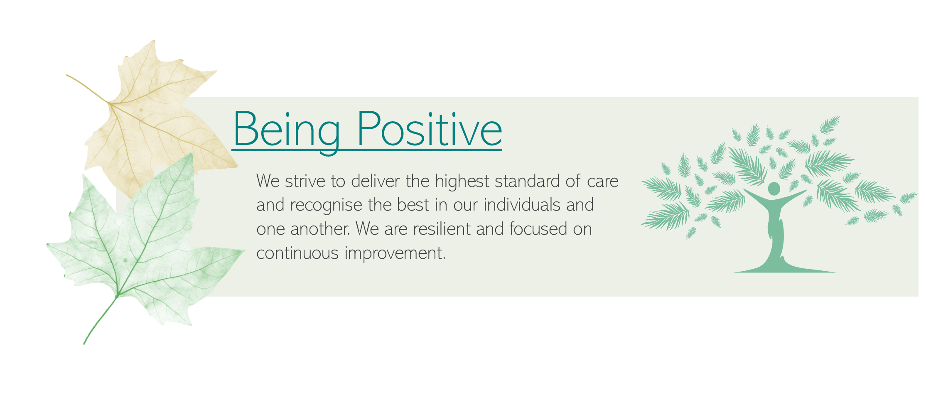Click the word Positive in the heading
click(430, 129)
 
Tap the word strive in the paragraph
click(305, 182)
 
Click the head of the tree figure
click(774, 189)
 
